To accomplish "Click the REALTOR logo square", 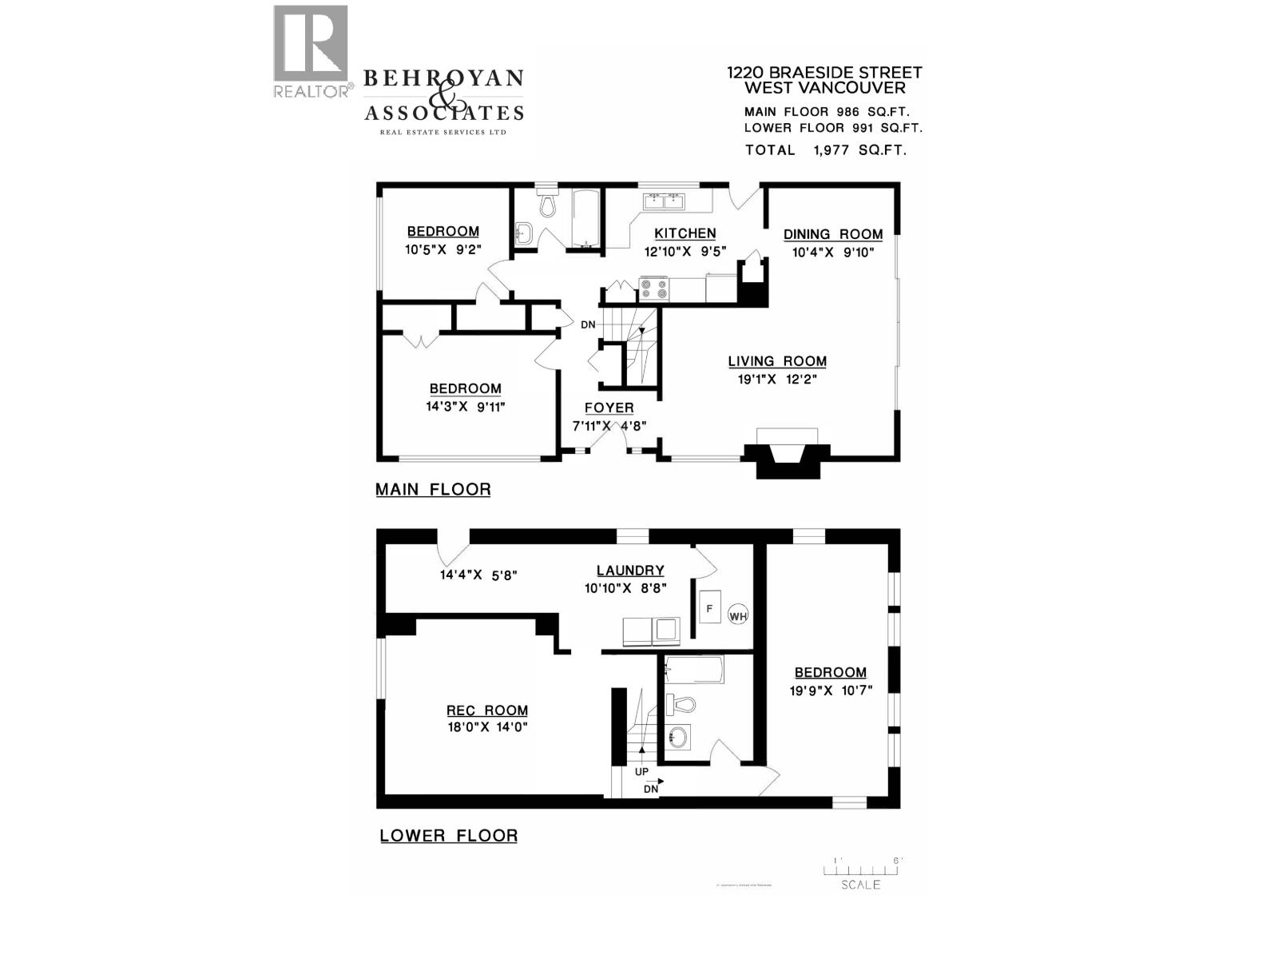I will (x=311, y=43).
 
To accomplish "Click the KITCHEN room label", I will (x=685, y=233).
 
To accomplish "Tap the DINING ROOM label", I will (x=832, y=234).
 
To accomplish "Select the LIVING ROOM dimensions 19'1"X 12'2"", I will (x=776, y=380).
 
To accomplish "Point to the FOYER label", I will (x=609, y=408).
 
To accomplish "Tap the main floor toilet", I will (x=548, y=204).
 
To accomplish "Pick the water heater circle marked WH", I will (x=737, y=615).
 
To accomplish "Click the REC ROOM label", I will (x=486, y=710).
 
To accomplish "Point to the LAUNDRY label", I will (x=630, y=571).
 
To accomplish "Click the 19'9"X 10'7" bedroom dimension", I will (x=831, y=690).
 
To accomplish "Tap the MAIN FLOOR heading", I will (x=433, y=489).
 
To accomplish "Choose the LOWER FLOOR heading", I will (x=448, y=836).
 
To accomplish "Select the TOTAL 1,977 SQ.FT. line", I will (x=825, y=150).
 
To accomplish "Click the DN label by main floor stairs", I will (x=588, y=324).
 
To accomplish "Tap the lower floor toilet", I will (x=681, y=705).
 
